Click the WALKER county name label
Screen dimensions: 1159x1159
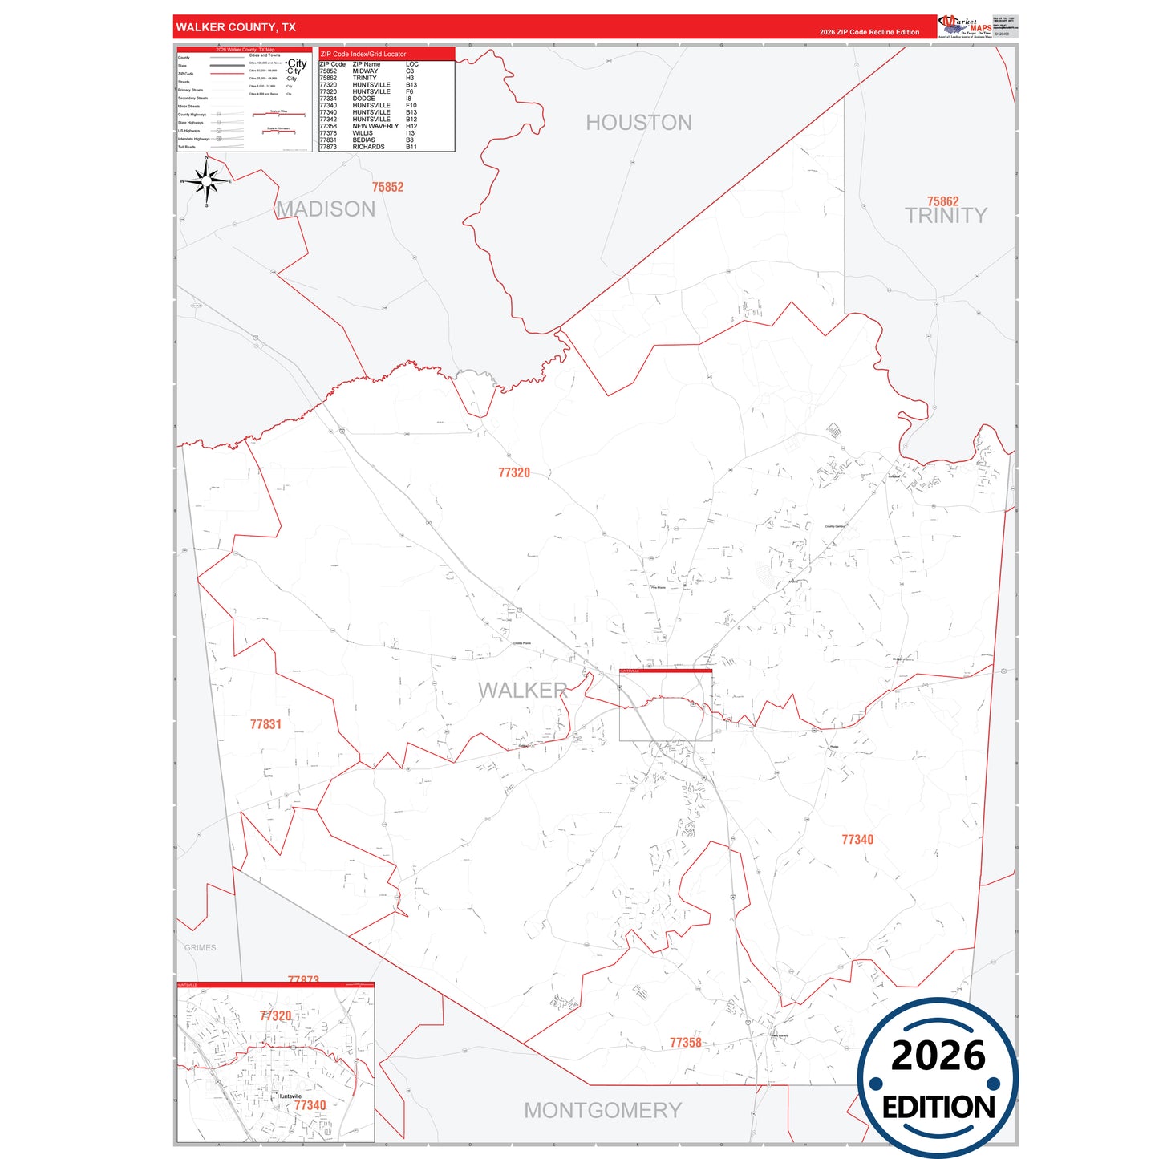click(522, 691)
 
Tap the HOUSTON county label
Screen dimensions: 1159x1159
click(638, 123)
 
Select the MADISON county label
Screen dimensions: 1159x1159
click(326, 209)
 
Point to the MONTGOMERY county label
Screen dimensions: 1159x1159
click(602, 1111)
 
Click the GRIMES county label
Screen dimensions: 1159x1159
click(200, 948)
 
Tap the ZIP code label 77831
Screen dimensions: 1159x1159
click(265, 724)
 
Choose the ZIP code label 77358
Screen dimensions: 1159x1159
click(685, 1043)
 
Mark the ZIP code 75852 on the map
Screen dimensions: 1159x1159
click(387, 187)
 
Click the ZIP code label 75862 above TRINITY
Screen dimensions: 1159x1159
click(942, 201)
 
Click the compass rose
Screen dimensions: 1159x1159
click(207, 181)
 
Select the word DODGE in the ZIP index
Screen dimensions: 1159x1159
click(363, 99)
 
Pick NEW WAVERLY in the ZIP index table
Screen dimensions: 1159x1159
click(375, 126)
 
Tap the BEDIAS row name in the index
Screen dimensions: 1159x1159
click(363, 140)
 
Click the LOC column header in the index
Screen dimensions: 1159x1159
click(411, 64)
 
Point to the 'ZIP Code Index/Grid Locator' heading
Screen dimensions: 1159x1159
click(363, 54)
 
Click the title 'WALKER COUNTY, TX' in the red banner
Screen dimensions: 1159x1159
click(236, 27)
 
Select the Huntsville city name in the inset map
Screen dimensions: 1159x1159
click(289, 1096)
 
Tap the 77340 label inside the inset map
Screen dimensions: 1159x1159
click(310, 1105)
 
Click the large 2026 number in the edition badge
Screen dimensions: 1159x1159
click(938, 1056)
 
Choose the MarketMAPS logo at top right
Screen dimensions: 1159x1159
click(965, 26)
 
